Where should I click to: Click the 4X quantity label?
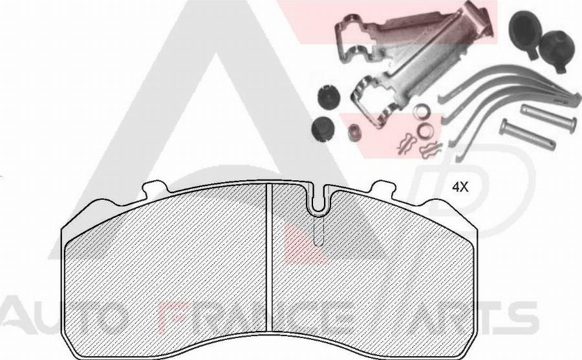pos(459,187)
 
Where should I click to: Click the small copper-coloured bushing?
pos(354,134)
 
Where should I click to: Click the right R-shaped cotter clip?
pos(428,151)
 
